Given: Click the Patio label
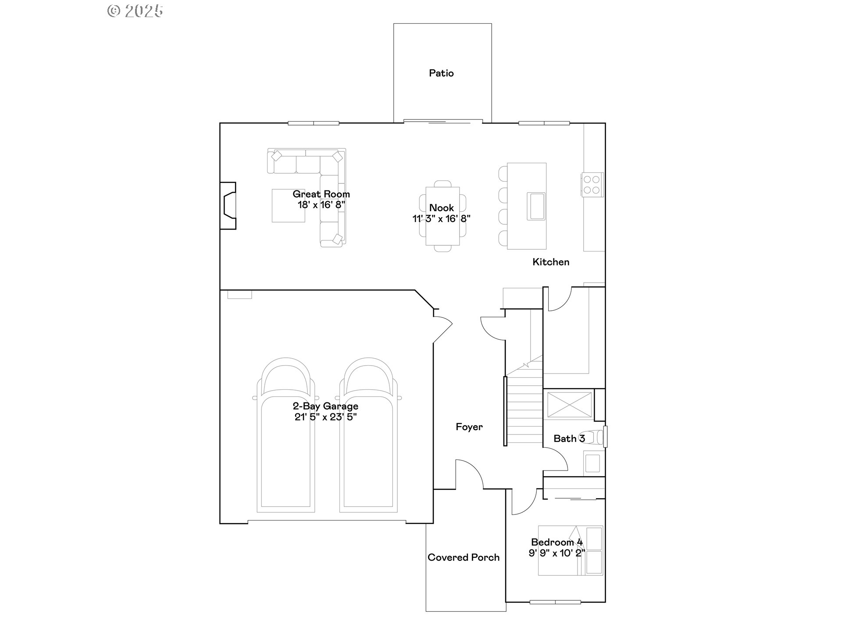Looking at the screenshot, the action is (x=441, y=73).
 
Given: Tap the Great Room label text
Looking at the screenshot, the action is (x=321, y=194).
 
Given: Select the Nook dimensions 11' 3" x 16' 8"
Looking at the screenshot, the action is (x=441, y=219).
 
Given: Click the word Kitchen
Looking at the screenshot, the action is (x=551, y=262).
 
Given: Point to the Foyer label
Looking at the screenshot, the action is (x=469, y=427).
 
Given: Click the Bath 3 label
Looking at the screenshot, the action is (x=569, y=438).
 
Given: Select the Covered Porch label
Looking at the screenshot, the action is (x=464, y=557).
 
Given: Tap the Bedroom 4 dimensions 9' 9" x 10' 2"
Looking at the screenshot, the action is (x=557, y=553).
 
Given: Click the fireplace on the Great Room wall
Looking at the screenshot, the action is (x=228, y=206).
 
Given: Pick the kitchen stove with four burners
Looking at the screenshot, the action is (x=592, y=184).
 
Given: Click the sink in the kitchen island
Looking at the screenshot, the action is (x=536, y=206).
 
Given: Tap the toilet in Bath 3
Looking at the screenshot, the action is (x=596, y=438).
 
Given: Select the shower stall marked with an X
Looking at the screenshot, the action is (x=569, y=405).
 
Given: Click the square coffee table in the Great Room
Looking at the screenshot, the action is (x=288, y=205).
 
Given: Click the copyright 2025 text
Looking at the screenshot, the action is (x=135, y=11).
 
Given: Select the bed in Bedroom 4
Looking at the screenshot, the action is (x=571, y=550).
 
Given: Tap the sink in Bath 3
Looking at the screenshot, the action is (x=592, y=463).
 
